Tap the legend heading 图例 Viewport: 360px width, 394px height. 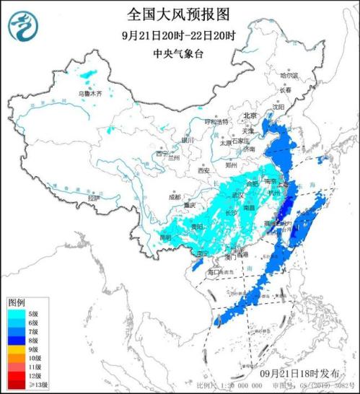[17, 302]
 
